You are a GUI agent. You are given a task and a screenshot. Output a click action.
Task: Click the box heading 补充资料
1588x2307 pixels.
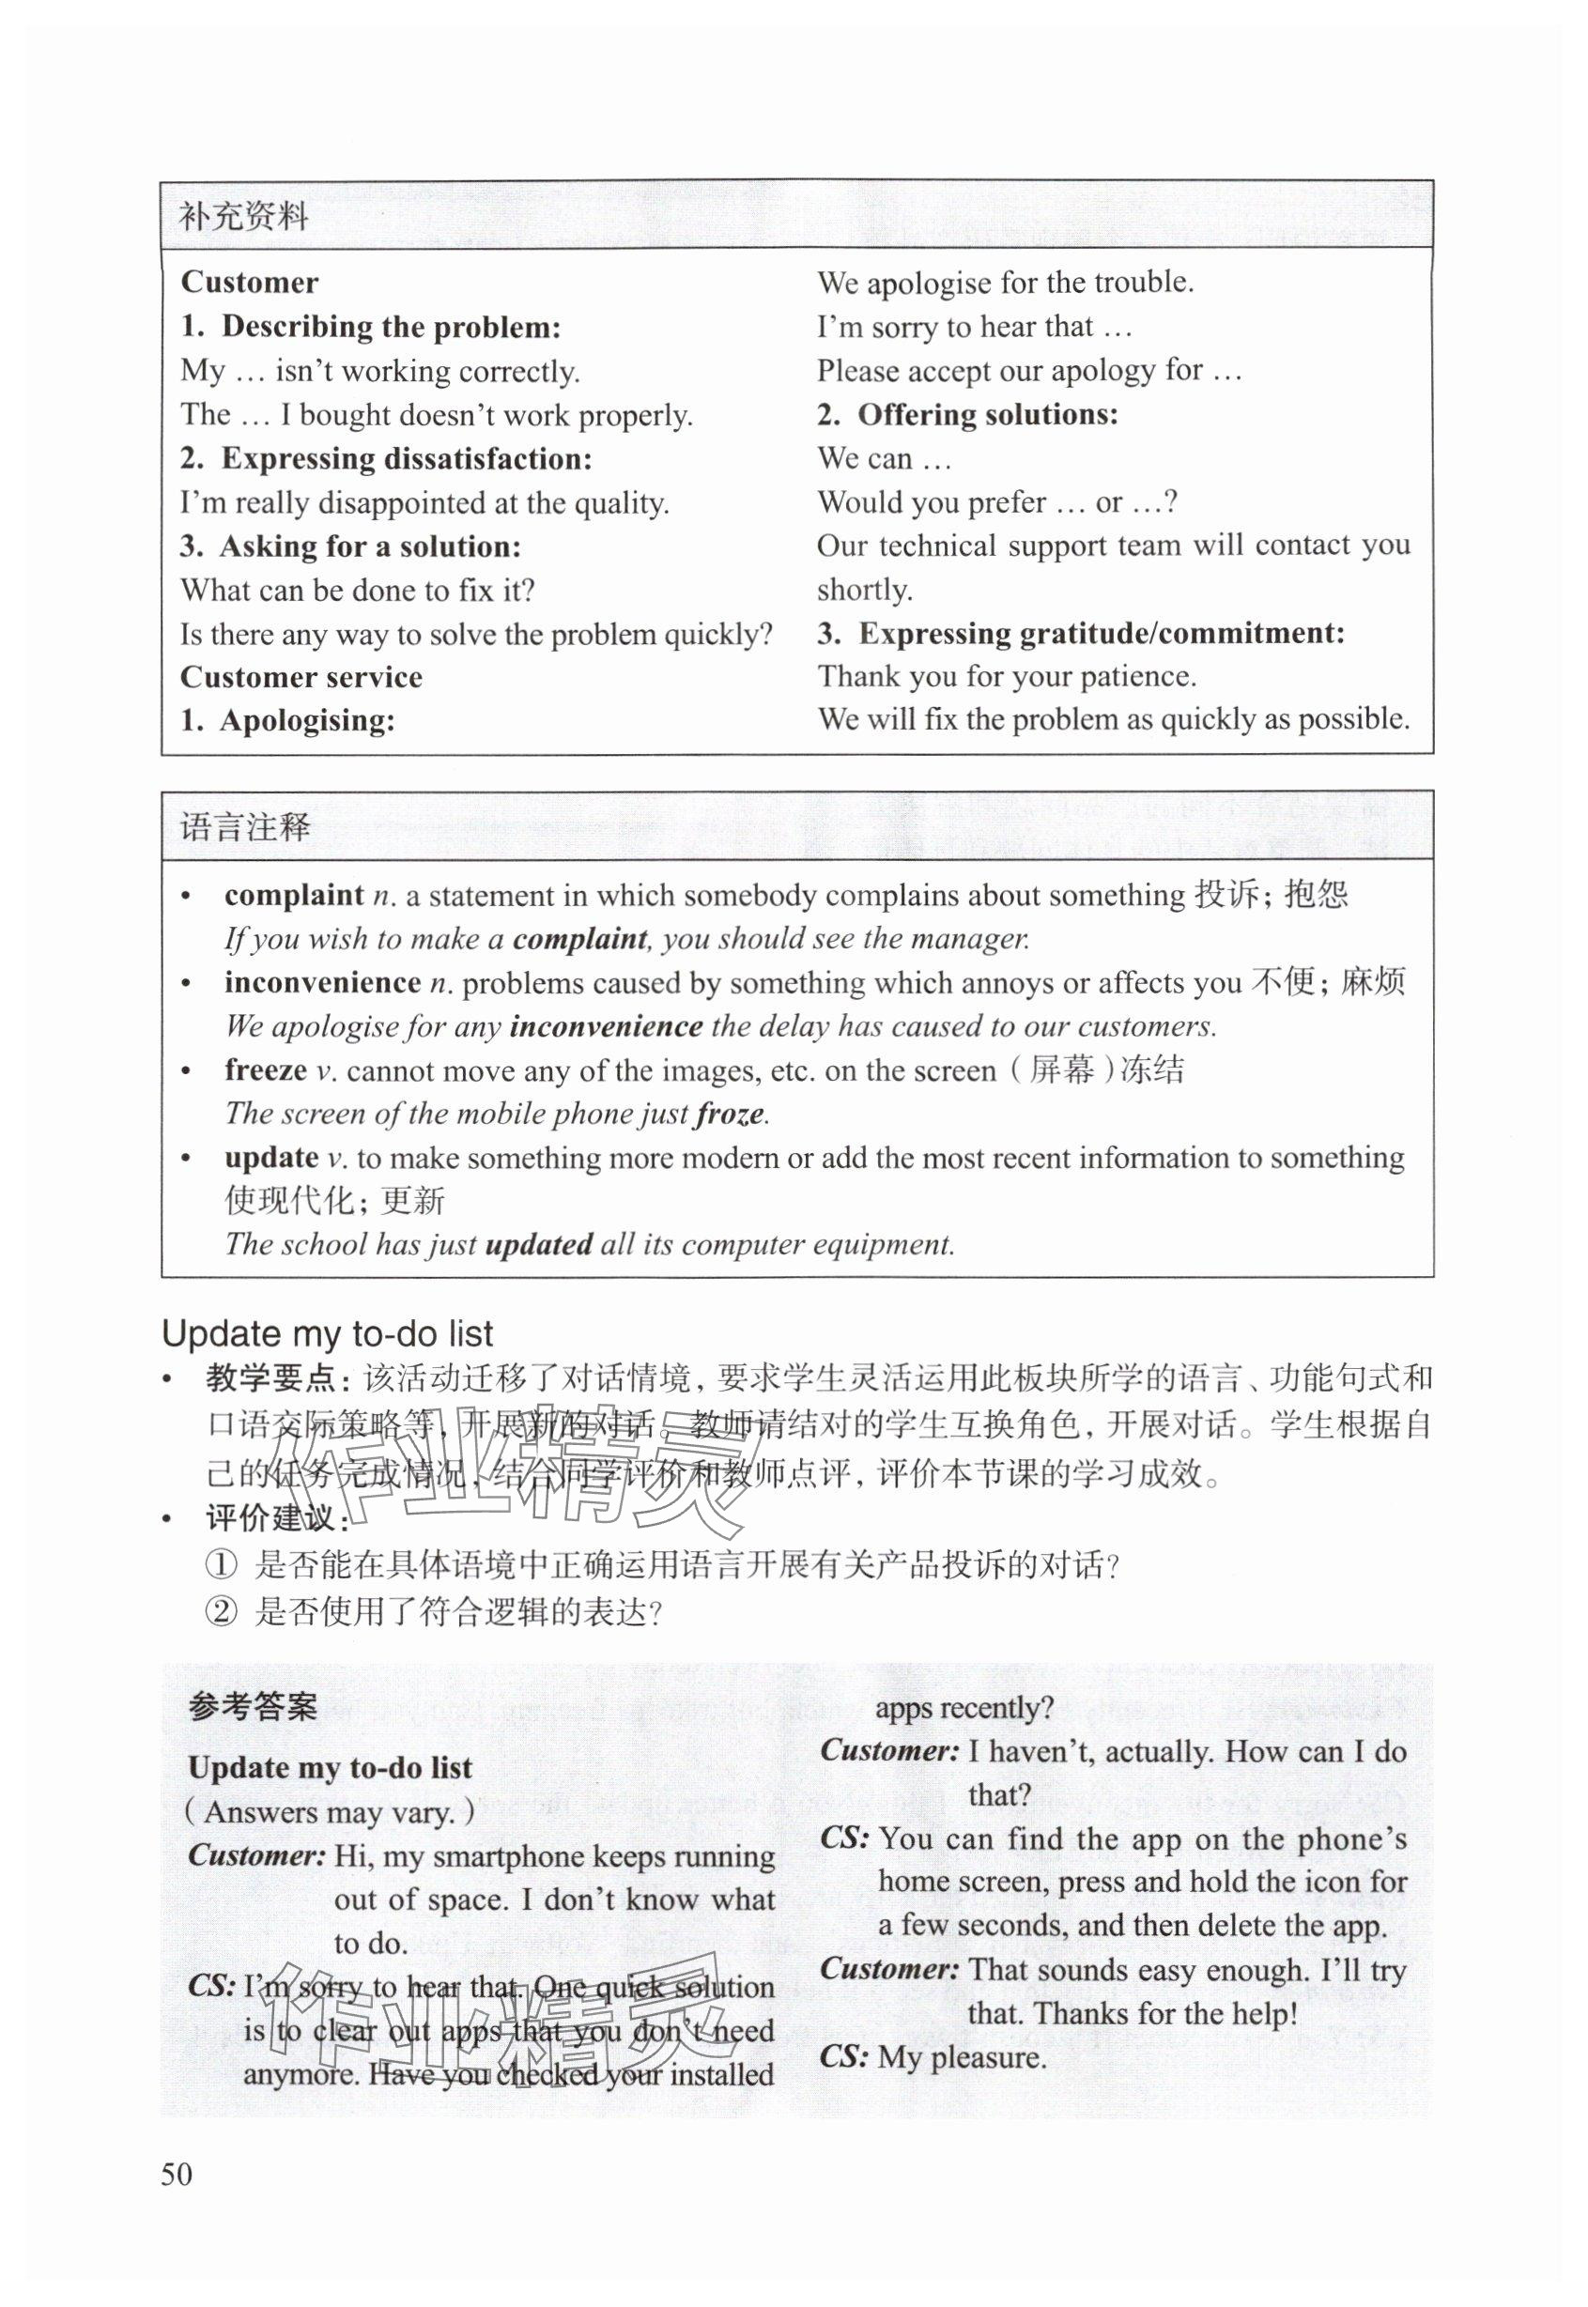coord(244,216)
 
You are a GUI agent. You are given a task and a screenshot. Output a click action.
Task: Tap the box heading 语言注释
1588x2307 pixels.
coord(245,826)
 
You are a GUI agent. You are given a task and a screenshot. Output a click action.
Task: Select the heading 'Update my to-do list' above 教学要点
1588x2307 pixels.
coord(328,1333)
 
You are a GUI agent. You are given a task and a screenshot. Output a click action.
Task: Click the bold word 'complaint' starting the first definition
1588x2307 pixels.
coord(294,896)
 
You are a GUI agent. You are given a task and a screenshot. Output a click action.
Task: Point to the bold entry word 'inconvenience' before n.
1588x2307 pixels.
coord(322,983)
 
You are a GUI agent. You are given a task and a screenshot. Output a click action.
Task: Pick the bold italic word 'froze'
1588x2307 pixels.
coord(730,1114)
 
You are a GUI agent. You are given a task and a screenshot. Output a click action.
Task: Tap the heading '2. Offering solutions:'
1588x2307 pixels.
coord(968,414)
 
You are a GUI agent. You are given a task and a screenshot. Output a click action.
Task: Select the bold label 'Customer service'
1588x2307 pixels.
coord(301,678)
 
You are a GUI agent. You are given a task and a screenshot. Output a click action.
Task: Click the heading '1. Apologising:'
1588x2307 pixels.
coord(287,720)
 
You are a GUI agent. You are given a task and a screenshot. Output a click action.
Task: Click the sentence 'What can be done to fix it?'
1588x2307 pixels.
coord(357,590)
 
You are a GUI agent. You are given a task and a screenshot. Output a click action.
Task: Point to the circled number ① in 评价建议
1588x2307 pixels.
coord(221,1566)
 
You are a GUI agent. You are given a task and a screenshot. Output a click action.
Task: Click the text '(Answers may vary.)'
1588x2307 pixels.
coord(330,1811)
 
